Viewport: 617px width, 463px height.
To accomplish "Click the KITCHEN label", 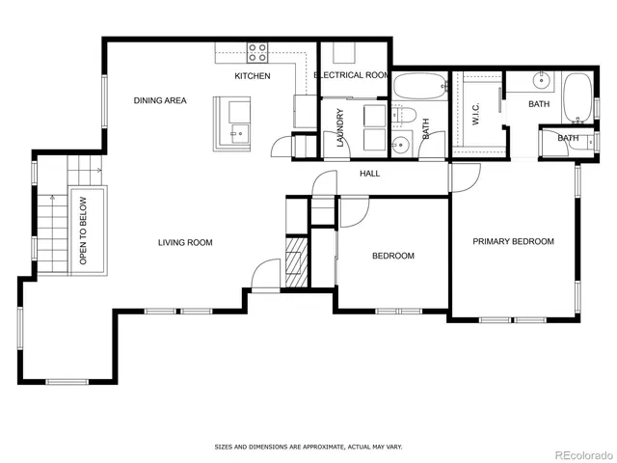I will (x=253, y=76).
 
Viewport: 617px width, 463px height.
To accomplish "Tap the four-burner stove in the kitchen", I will (x=257, y=52).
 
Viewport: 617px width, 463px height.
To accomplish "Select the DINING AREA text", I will (x=160, y=100).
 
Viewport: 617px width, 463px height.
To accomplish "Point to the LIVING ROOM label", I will (x=185, y=242).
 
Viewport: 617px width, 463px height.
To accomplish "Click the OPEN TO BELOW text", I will (x=84, y=231).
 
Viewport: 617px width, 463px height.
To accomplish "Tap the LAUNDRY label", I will (x=340, y=127).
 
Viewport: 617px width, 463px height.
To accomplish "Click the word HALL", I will (x=369, y=174).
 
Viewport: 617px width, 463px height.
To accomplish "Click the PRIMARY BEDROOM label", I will (x=513, y=241).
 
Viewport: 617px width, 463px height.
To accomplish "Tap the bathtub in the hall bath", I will (x=417, y=87).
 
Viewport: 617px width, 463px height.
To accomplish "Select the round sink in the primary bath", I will (x=541, y=81).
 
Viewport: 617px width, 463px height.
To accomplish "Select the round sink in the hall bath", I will (x=402, y=147).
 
